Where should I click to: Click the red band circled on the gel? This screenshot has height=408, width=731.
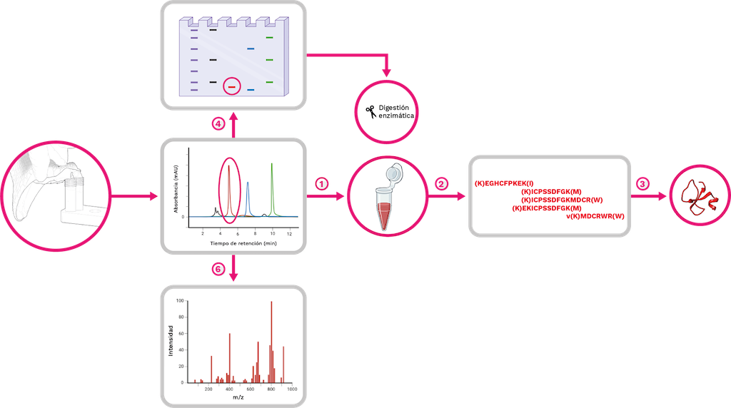coord(231,87)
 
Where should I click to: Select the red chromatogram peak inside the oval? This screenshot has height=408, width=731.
coord(229,189)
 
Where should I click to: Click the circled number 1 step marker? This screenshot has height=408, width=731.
coord(321,183)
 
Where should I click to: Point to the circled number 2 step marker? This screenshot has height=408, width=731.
coord(442,183)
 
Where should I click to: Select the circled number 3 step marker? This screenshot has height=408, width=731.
coord(643,183)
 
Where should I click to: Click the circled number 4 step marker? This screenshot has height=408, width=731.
coord(220,124)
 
